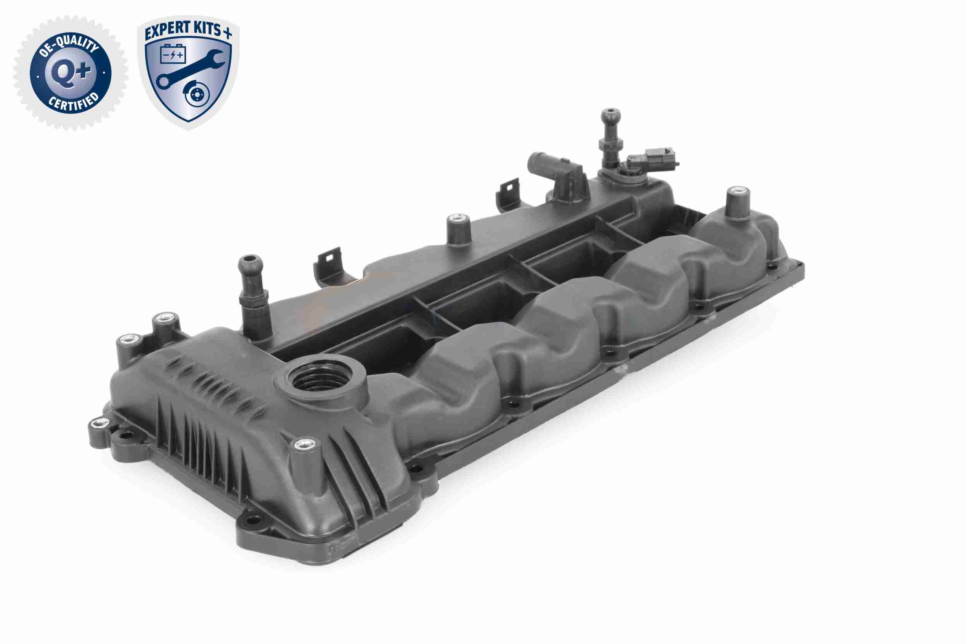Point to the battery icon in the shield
click(x=173, y=54)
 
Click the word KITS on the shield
click(x=208, y=28)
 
